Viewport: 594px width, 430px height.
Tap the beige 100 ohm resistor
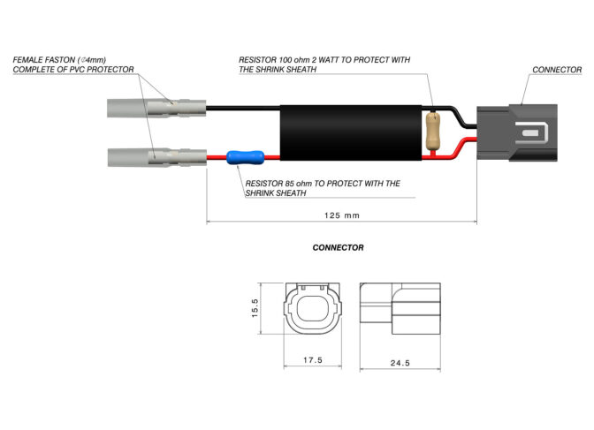point(433,132)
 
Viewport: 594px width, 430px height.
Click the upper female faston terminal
point(156,110)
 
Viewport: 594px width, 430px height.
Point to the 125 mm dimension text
point(340,215)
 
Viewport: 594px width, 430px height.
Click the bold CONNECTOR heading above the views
point(338,248)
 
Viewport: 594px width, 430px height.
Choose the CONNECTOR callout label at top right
point(557,69)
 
